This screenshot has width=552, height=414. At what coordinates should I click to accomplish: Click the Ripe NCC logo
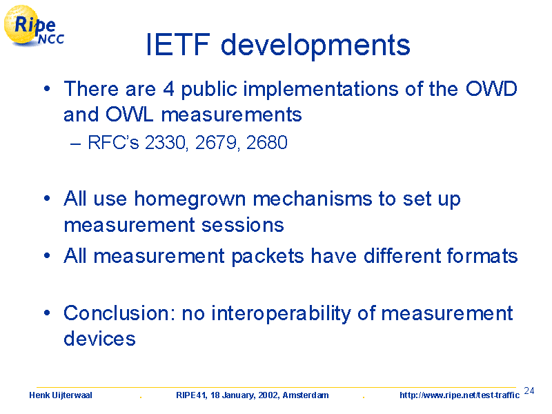(x=34, y=26)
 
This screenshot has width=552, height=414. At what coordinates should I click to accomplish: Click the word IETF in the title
(x=178, y=44)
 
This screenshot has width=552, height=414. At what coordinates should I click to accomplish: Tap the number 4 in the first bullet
(x=168, y=89)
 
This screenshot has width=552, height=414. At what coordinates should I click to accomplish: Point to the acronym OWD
(x=491, y=89)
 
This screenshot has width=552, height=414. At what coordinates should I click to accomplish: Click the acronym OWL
(x=130, y=115)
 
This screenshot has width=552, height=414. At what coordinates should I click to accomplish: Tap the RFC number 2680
(x=267, y=143)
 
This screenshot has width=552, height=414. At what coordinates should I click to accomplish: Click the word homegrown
(x=190, y=199)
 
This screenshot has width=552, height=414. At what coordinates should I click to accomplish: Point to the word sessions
(x=243, y=225)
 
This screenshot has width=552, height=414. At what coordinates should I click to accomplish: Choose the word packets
(x=268, y=256)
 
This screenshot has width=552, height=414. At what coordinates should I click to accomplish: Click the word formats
(x=482, y=255)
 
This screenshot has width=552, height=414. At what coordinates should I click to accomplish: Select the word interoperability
(x=281, y=314)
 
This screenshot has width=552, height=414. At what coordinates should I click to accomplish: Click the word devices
(x=99, y=339)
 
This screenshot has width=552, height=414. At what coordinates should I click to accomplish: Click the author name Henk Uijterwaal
(x=61, y=395)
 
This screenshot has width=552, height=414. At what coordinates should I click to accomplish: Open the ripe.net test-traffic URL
(x=460, y=395)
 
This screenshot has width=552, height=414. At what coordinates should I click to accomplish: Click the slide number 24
(x=529, y=391)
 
